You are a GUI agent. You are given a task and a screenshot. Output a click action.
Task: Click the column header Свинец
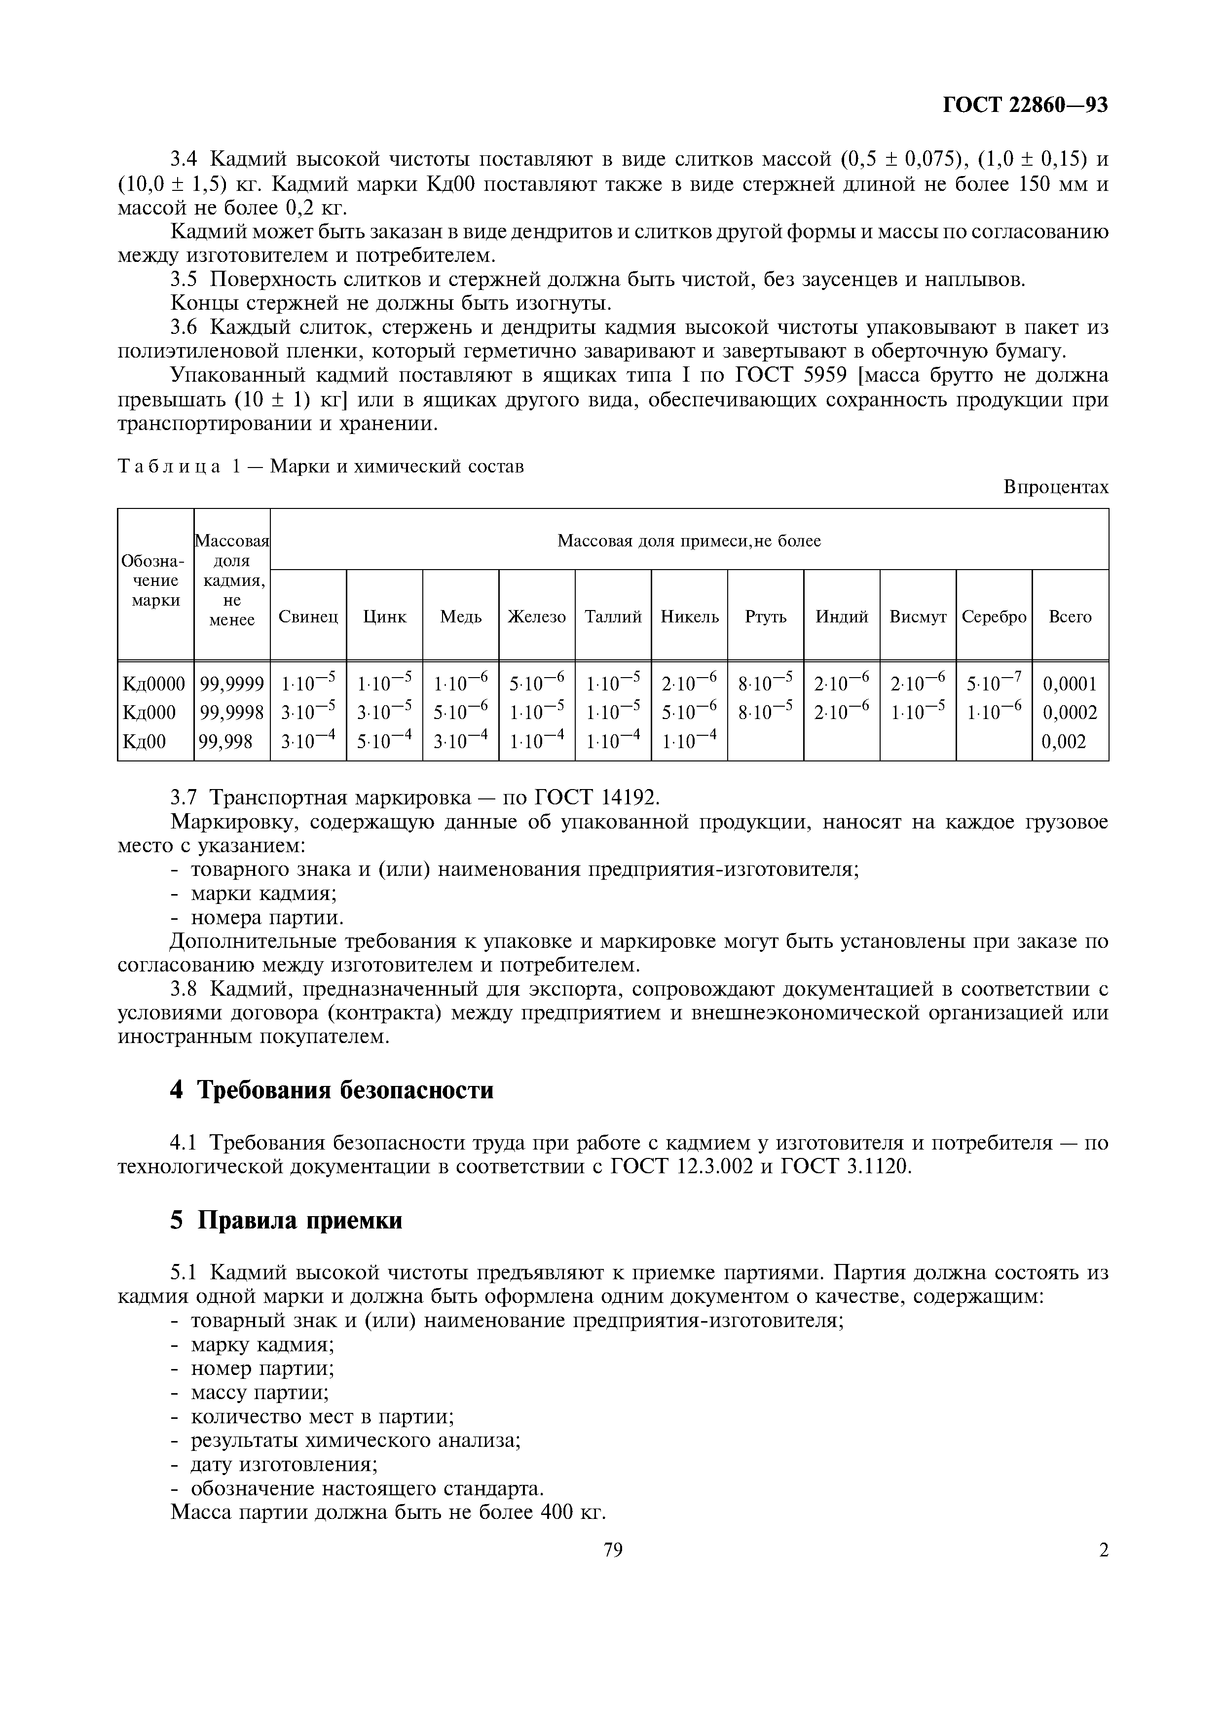click(308, 617)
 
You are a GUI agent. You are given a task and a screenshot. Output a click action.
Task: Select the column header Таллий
click(613, 617)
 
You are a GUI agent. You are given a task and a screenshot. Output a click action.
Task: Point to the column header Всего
click(1070, 617)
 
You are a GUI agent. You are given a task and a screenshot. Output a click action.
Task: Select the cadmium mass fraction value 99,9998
click(231, 713)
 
